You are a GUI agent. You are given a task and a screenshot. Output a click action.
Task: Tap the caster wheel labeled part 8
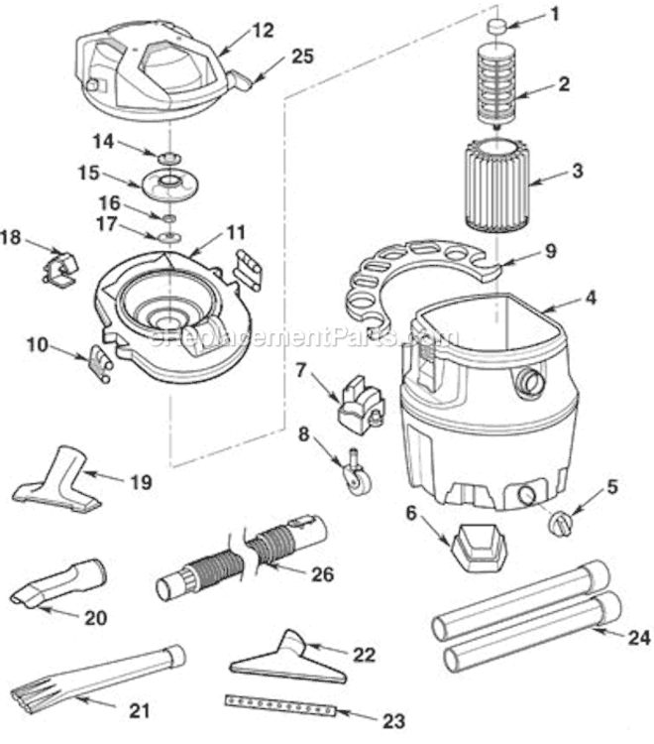[353, 474]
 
